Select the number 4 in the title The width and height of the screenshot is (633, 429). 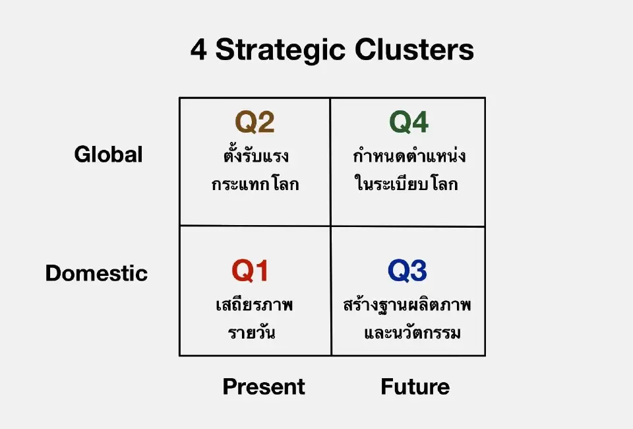click(x=198, y=51)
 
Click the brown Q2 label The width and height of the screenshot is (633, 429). click(x=255, y=122)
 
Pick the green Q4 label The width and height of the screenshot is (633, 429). click(x=409, y=122)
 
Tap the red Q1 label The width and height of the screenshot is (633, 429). click(x=250, y=271)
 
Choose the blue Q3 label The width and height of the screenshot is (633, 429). click(x=407, y=271)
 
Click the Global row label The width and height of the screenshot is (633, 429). click(x=108, y=154)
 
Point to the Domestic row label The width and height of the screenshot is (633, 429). click(x=96, y=273)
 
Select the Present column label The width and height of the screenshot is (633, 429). click(x=264, y=387)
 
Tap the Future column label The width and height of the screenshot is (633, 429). click(x=415, y=387)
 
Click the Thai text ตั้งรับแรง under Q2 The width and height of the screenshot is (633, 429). click(x=255, y=157)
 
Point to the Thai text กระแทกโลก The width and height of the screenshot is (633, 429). click(x=255, y=184)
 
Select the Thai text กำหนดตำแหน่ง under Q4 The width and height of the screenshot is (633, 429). click(x=409, y=157)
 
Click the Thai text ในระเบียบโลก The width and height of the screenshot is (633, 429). click(x=406, y=184)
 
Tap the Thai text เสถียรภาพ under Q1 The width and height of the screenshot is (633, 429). click(x=254, y=306)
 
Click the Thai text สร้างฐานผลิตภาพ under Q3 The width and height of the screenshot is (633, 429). click(x=407, y=306)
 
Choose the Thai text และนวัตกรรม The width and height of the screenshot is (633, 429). click(x=412, y=332)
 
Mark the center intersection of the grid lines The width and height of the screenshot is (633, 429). click(x=330, y=226)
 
